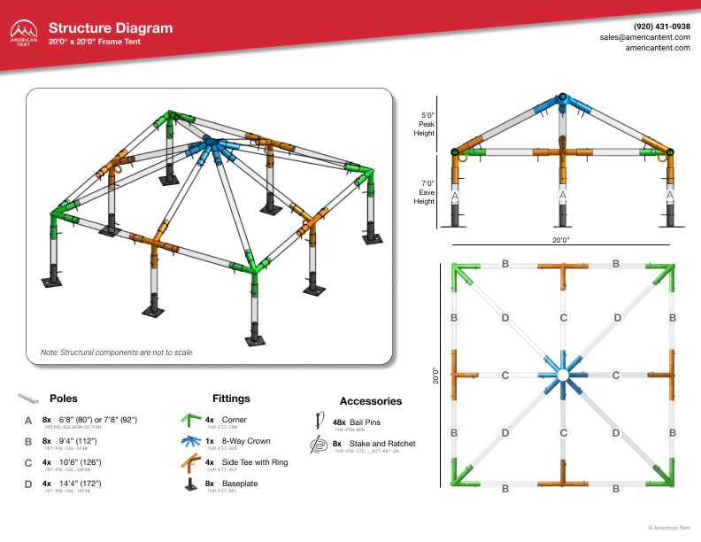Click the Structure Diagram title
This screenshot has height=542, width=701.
(x=111, y=28)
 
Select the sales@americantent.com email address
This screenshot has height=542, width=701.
(x=644, y=37)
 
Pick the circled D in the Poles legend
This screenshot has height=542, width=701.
(x=29, y=484)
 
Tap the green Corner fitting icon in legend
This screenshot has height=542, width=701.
(x=189, y=420)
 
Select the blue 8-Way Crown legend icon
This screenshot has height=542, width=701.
(x=189, y=440)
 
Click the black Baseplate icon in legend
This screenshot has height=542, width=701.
(x=189, y=484)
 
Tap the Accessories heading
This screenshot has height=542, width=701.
(x=371, y=401)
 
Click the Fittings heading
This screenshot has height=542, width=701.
(x=231, y=399)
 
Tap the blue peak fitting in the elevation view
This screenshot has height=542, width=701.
(x=562, y=99)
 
